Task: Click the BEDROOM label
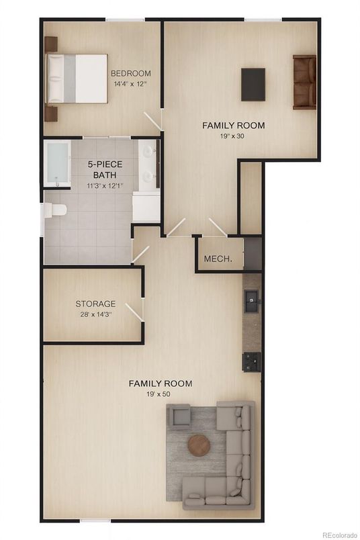pyautogui.click(x=130, y=73)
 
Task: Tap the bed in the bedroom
pyautogui.click(x=77, y=79)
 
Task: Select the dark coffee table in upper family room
pyautogui.click(x=253, y=85)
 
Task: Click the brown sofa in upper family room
pyautogui.click(x=304, y=83)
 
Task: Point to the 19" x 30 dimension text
pyautogui.click(x=232, y=136)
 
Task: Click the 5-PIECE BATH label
pyautogui.click(x=104, y=169)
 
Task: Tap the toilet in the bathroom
pyautogui.click(x=54, y=210)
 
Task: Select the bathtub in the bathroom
pyautogui.click(x=58, y=164)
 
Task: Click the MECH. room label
pyautogui.click(x=218, y=259)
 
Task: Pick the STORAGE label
pyautogui.click(x=95, y=304)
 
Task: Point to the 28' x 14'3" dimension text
pyautogui.click(x=96, y=314)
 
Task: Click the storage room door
pyautogui.click(x=134, y=312)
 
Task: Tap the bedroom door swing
pyautogui.click(x=153, y=120)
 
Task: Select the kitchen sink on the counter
pyautogui.click(x=251, y=301)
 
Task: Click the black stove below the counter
pyautogui.click(x=251, y=362)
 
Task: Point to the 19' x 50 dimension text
pyautogui.click(x=158, y=394)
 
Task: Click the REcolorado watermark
pyautogui.click(x=341, y=535)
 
